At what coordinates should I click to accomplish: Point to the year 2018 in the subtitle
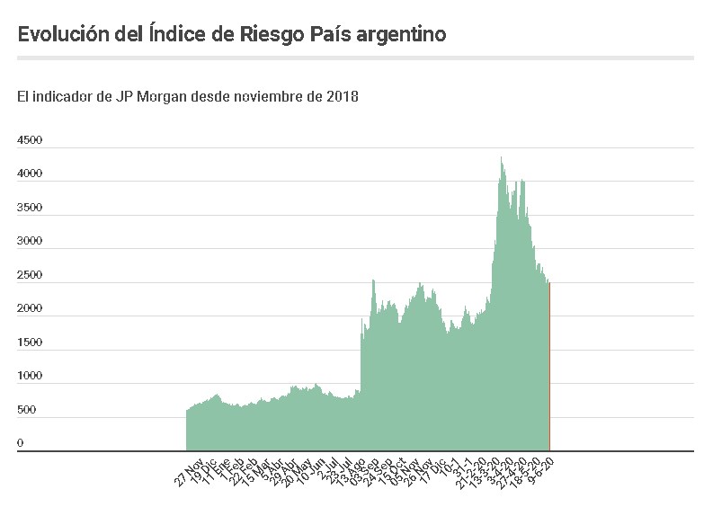343,96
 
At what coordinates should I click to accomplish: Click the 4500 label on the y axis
30,140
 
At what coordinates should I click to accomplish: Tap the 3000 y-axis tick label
30,241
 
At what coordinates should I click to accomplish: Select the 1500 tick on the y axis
30,342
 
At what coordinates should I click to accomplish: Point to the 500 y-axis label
27,410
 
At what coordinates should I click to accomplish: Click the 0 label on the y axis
21,443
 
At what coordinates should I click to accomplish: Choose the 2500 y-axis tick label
30,275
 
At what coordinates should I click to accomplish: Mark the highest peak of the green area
501,158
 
